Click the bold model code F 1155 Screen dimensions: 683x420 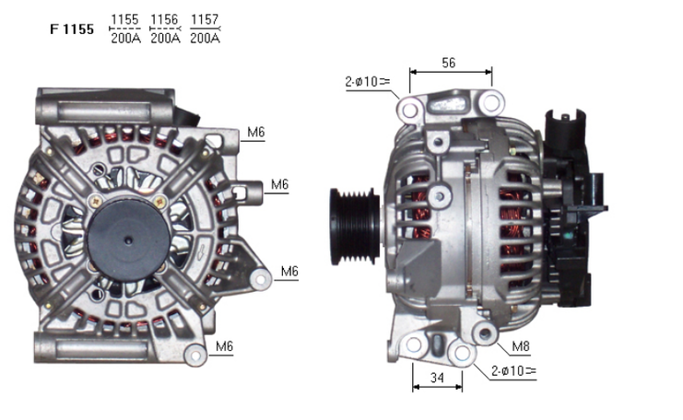coord(72,29)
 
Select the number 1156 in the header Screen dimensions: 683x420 coord(164,19)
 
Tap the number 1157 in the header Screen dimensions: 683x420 coord(205,19)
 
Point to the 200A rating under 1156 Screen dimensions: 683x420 coord(165,39)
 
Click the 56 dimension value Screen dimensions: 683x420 coord(449,63)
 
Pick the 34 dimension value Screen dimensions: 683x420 coord(437,378)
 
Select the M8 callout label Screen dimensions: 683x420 coord(521,346)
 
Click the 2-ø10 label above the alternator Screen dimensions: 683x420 coord(367,81)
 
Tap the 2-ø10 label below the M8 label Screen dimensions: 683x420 coord(513,371)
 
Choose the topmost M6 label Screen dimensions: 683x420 coord(255,132)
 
